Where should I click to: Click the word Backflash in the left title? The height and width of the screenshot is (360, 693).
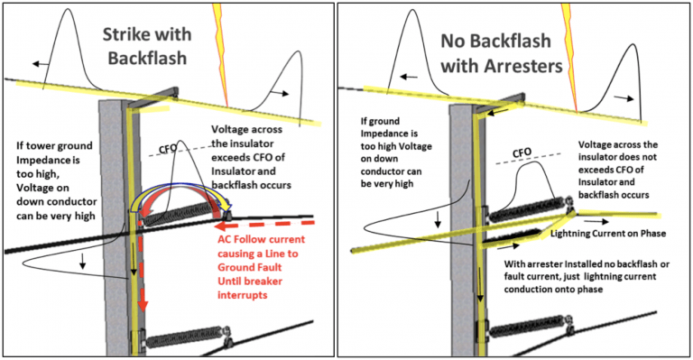coord(147,59)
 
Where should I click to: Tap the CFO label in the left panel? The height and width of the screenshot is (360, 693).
coord(168,149)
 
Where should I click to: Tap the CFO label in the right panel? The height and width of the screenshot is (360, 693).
coord(522,153)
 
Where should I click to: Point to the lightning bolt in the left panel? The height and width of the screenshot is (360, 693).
coord(221,54)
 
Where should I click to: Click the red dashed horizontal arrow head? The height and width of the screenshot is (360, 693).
coord(220,226)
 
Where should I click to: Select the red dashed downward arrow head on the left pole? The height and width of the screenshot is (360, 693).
coord(143,305)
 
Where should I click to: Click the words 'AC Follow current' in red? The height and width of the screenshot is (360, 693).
coord(261,240)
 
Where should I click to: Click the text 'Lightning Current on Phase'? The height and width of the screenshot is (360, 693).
coord(607,233)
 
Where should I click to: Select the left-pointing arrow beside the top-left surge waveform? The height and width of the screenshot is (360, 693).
coord(41,64)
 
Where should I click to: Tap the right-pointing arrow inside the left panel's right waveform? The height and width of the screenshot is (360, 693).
coord(280,93)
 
